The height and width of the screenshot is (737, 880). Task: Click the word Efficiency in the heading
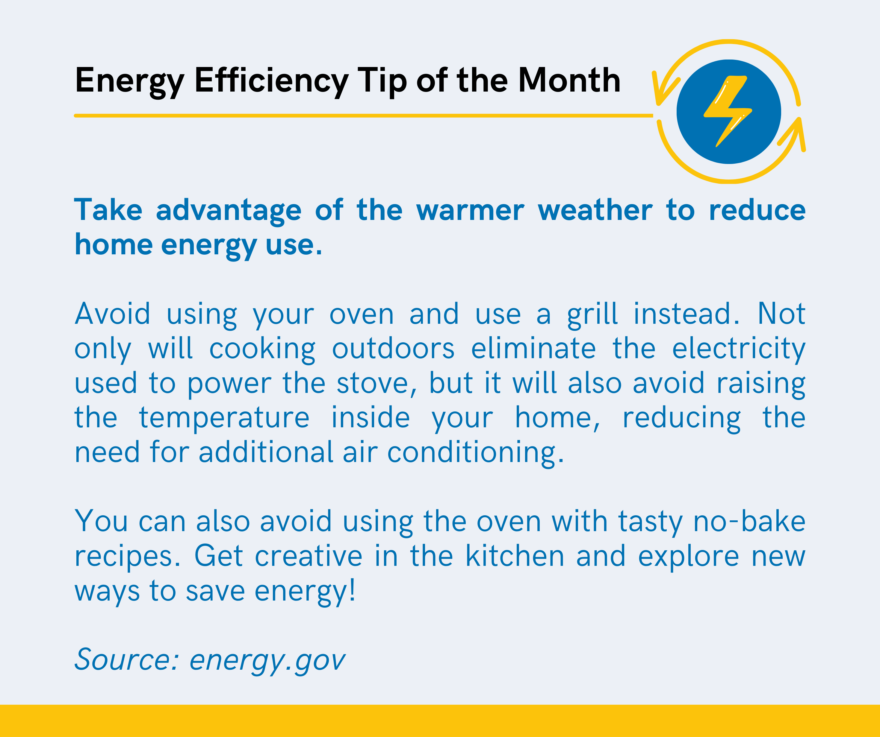tap(272, 81)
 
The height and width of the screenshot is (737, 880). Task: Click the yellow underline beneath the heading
tap(363, 116)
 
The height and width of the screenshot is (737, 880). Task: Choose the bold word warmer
tap(470, 210)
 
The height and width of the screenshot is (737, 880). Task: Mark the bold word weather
tap(595, 210)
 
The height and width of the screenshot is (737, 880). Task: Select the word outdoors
tap(393, 348)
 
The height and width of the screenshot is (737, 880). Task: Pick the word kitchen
tap(515, 556)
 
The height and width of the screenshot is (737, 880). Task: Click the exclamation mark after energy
tap(352, 589)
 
